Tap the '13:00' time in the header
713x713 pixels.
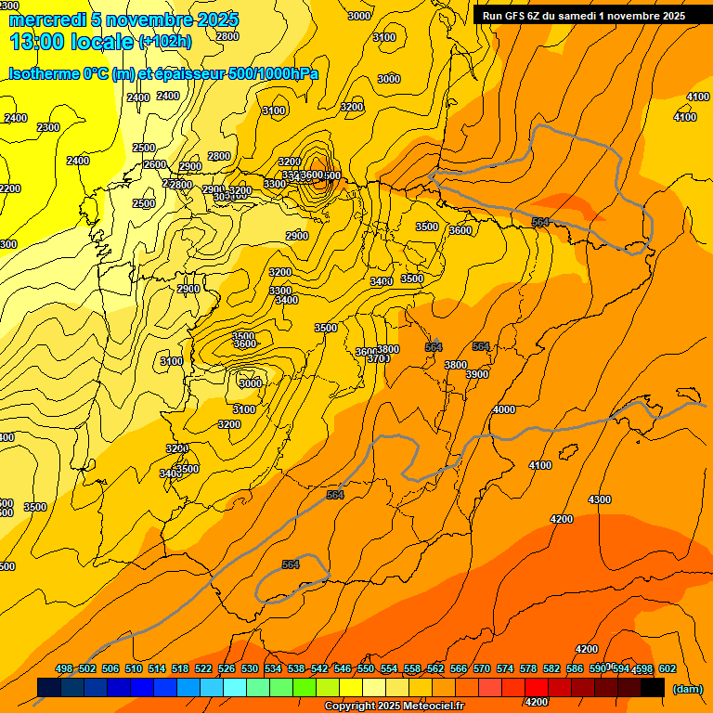36,41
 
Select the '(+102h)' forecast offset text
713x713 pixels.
165,42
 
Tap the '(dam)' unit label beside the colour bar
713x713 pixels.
687,689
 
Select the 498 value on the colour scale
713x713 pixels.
64,668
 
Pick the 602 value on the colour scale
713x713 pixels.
668,668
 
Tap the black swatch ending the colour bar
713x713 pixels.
653,687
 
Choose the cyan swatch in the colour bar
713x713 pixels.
235,687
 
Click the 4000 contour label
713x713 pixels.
504,409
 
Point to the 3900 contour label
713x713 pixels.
477,374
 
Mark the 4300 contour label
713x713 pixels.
600,499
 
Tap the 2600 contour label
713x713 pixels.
155,164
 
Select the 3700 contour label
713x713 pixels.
378,358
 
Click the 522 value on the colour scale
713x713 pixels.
203,668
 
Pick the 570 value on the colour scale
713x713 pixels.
482,668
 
